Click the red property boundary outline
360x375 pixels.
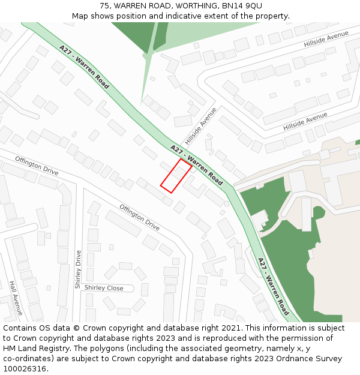pyautogui.click(x=176, y=176)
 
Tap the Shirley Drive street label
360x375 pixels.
pyautogui.click(x=78, y=269)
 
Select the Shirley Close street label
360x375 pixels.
pyautogui.click(x=104, y=288)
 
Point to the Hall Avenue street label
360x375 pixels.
pyautogui.click(x=16, y=298)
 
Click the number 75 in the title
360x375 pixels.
pyautogui.click(x=104, y=5)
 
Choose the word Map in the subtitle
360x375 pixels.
pyautogui.click(x=80, y=16)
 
